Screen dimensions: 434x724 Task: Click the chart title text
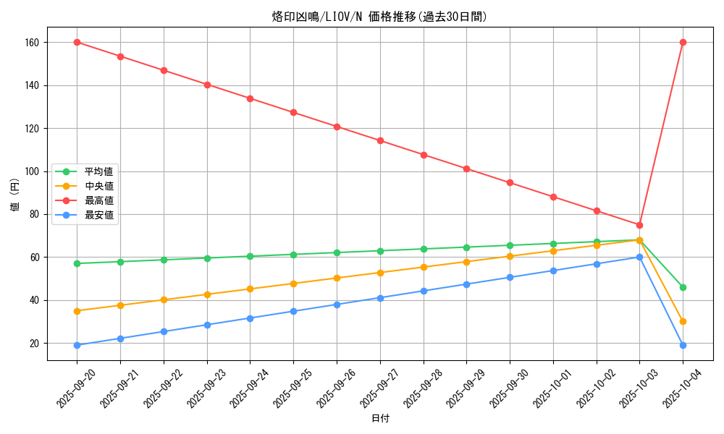(379, 17)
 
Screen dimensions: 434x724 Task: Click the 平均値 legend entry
(98, 171)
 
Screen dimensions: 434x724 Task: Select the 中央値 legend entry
(98, 186)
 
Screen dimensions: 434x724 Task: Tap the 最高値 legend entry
(98, 200)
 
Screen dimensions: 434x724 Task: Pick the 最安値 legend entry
(98, 215)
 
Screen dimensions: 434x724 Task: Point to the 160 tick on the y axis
(32, 43)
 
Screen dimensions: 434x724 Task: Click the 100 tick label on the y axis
(32, 171)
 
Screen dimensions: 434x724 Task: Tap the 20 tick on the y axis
(34, 343)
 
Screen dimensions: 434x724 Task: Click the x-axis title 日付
(380, 419)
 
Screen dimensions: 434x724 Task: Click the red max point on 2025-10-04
(683, 42)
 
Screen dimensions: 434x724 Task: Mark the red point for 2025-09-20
(77, 42)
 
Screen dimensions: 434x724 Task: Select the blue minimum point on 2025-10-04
(683, 345)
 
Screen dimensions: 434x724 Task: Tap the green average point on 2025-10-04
(683, 287)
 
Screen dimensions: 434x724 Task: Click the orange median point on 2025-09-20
(77, 311)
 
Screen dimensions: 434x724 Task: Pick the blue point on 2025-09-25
(293, 311)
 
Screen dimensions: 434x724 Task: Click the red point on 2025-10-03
(639, 225)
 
